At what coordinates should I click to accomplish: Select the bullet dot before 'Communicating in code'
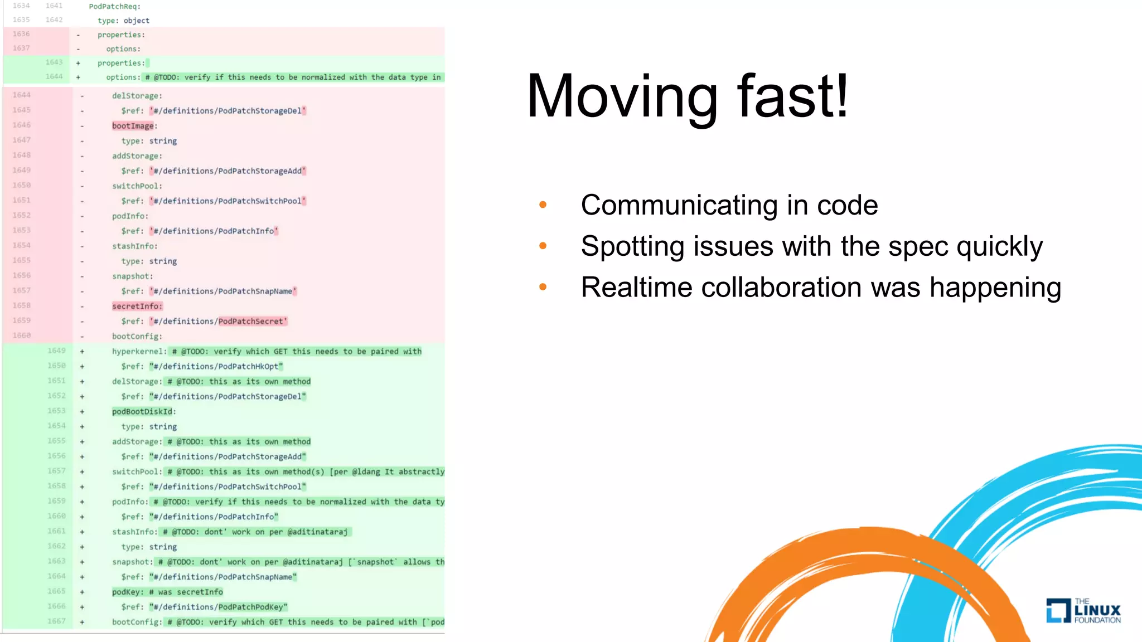(x=543, y=205)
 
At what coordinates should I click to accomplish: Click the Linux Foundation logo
(x=1083, y=610)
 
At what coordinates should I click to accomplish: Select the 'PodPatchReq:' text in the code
(x=115, y=7)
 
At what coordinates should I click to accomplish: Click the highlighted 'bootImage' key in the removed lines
(x=133, y=126)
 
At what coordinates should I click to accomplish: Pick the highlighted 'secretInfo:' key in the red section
(x=137, y=307)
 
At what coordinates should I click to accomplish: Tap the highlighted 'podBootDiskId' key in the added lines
(x=142, y=412)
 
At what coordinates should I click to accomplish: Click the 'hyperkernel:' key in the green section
(x=139, y=352)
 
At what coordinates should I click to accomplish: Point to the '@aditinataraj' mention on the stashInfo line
(x=317, y=532)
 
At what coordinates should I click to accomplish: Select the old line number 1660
(x=22, y=335)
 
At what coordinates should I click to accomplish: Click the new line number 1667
(x=56, y=621)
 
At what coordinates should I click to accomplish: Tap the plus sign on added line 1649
(x=82, y=352)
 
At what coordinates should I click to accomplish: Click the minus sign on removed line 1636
(x=78, y=35)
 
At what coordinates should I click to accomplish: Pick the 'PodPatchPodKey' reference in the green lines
(x=250, y=607)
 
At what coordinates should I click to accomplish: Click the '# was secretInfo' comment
(x=186, y=592)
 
